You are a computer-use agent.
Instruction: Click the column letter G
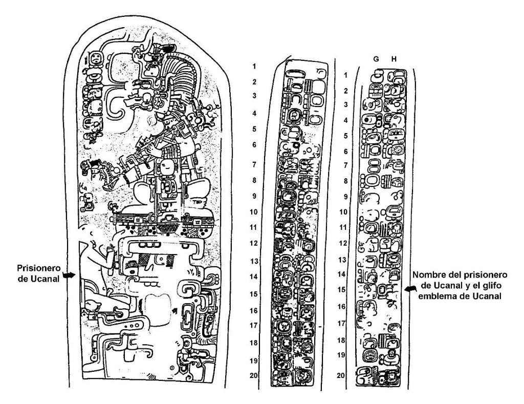376,59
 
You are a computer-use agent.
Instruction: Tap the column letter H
394,59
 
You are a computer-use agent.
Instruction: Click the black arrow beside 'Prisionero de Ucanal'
70,275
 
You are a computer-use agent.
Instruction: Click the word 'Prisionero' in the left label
39,268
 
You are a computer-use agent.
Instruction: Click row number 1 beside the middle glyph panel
254,66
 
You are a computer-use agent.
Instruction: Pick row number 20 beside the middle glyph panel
254,375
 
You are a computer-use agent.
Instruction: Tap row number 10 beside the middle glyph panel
254,211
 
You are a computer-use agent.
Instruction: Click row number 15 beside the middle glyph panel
254,294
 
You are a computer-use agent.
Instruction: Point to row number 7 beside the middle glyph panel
254,164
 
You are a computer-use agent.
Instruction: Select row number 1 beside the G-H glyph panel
346,75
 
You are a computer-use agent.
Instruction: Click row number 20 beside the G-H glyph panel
341,375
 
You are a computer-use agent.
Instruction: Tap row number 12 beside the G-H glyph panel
343,243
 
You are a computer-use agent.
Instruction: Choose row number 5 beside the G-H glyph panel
346,136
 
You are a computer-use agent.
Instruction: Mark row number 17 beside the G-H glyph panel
341,324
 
